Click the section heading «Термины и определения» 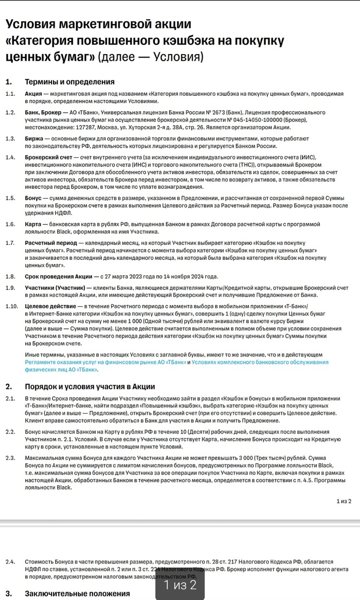69,82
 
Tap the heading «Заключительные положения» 77,594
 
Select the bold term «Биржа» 33,139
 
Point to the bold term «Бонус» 33,198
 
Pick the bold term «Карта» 33,224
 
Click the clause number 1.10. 11,306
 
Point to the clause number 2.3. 10,457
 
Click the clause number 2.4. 10,561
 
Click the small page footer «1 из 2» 344,500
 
